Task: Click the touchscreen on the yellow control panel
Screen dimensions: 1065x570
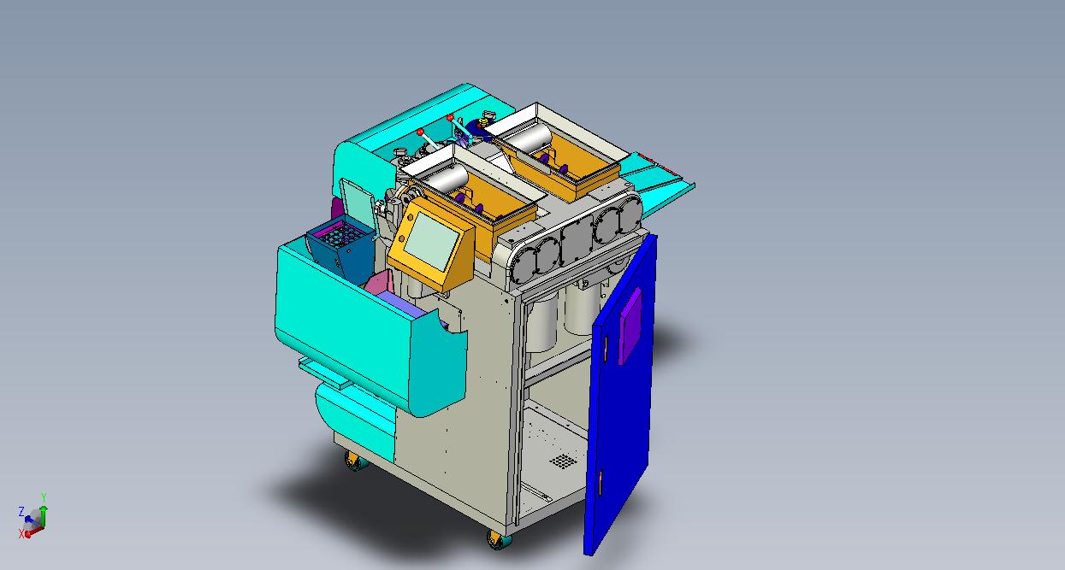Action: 432,241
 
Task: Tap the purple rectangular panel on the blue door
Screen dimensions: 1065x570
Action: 630,326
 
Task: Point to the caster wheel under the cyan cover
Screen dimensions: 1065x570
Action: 356,461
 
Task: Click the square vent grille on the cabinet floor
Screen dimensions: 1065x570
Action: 564,461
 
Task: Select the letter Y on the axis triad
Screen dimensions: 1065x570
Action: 44,497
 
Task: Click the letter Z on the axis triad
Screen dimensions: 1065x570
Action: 21,512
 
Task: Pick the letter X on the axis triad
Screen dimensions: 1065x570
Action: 21,534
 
